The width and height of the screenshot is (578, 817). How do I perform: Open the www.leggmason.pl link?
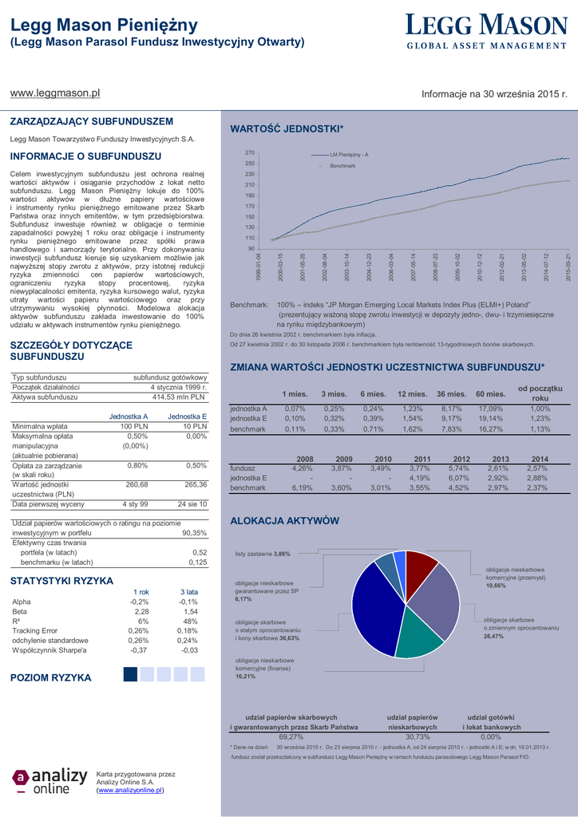[54, 93]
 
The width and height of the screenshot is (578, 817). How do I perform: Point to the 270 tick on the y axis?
[250, 153]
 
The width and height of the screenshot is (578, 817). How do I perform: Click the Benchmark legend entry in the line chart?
[342, 165]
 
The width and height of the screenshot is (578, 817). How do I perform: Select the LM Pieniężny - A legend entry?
[348, 154]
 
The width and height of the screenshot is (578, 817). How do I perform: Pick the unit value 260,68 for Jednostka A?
[137, 484]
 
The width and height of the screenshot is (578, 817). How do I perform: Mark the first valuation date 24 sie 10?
[192, 504]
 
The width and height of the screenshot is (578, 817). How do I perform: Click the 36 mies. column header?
[451, 394]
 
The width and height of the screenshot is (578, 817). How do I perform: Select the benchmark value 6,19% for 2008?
[302, 487]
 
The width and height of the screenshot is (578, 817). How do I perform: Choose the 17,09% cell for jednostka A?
[490, 408]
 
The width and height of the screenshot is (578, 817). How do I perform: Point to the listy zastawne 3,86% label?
[263, 554]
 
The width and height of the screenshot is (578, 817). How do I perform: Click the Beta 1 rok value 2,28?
[141, 611]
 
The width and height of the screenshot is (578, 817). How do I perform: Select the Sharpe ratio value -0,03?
[189, 650]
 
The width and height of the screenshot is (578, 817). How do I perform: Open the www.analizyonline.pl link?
[130, 790]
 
